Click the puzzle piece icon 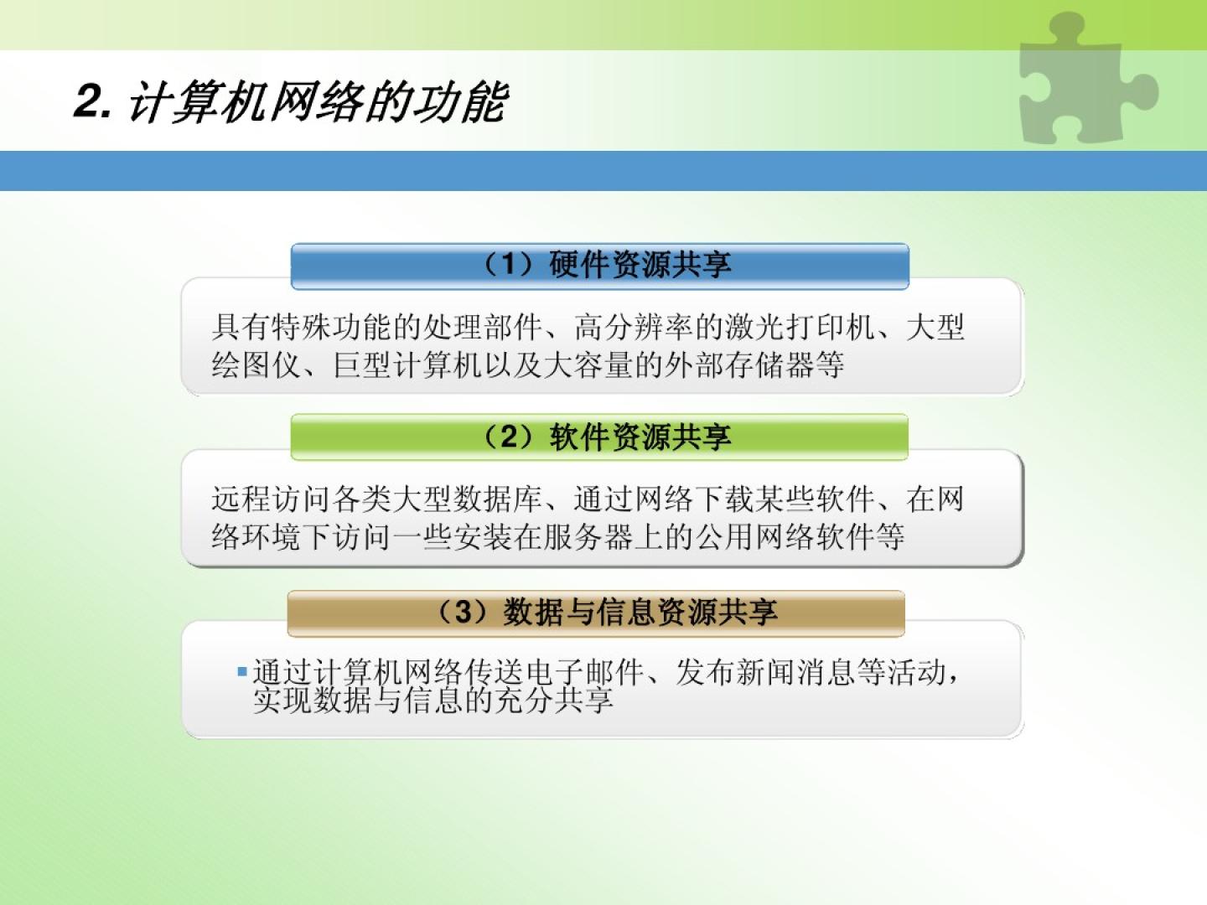pos(1086,80)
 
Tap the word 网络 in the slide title pos(316,102)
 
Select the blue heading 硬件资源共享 pos(640,265)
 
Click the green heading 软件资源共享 pos(640,437)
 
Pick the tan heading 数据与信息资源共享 pos(640,612)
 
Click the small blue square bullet pos(242,671)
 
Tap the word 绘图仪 pos(256,365)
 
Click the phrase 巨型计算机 pos(407,365)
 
